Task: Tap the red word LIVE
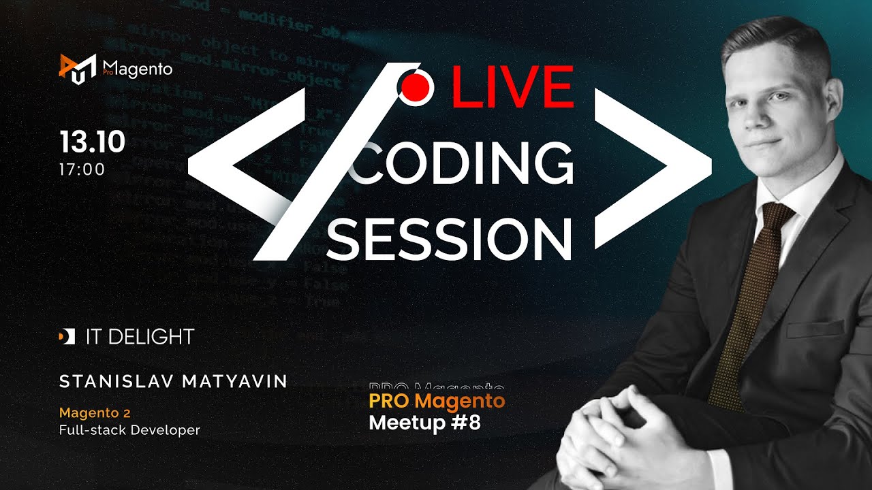512,86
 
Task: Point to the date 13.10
92,142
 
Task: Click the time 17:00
82,169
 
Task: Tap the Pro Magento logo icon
77,68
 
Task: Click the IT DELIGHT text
140,336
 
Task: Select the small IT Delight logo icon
67,336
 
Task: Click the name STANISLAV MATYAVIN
173,382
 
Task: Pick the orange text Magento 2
95,412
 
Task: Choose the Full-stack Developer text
129,430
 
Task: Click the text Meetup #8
424,423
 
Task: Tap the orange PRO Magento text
437,401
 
